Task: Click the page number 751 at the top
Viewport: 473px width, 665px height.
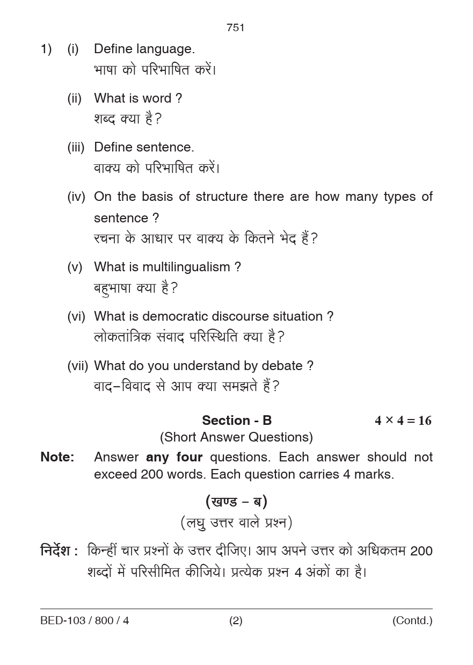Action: pyautogui.click(x=236, y=27)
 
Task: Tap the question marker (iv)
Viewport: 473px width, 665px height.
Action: pyautogui.click(x=76, y=197)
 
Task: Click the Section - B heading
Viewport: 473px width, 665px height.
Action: pyautogui.click(x=237, y=420)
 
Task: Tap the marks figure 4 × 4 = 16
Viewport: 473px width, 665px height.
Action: pyautogui.click(x=403, y=421)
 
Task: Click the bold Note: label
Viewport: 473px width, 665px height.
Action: pyautogui.click(x=57, y=457)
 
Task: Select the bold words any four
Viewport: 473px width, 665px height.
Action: pyautogui.click(x=174, y=457)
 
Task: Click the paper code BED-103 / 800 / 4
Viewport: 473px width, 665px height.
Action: pyautogui.click(x=85, y=621)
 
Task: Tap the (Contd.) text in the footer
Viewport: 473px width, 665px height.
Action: pyautogui.click(x=412, y=621)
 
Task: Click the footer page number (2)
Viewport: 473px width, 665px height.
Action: pyautogui.click(x=236, y=621)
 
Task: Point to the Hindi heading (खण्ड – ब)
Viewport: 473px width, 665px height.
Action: pyautogui.click(x=236, y=502)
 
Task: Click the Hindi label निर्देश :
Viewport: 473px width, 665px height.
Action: pyautogui.click(x=59, y=551)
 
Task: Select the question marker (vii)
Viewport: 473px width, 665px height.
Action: pyautogui.click(x=77, y=366)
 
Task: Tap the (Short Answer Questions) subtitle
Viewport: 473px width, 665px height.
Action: pyautogui.click(x=236, y=437)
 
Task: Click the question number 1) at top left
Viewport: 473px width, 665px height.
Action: pyautogui.click(x=46, y=49)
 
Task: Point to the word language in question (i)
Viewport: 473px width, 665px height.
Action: pyautogui.click(x=165, y=49)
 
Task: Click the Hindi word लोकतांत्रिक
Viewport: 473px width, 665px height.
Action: pyautogui.click(x=122, y=337)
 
